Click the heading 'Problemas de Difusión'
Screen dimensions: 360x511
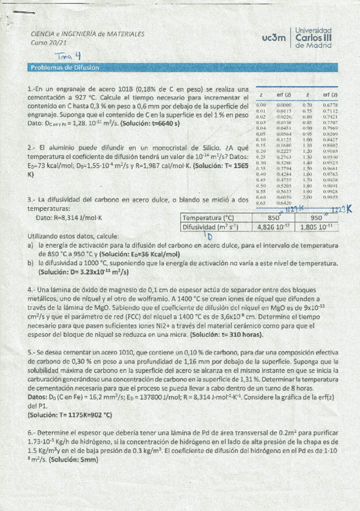pos(65,67)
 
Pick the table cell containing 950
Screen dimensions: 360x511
pos(317,218)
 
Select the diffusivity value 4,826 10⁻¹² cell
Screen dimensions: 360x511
pos(273,227)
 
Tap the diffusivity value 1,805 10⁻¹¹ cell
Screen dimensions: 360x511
pos(317,227)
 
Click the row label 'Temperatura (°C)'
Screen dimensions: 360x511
pos(208,218)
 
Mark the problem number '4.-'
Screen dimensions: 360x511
pos(32,290)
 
